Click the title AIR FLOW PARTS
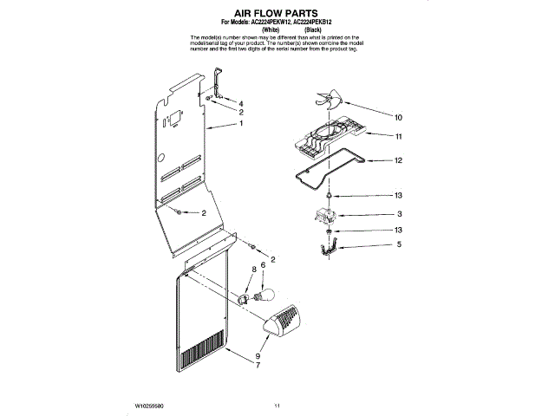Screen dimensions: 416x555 tap(277, 16)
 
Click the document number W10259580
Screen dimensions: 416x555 tap(153, 405)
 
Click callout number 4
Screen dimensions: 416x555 tap(241, 104)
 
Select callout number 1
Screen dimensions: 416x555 tap(241, 124)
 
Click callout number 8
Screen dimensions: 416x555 tap(253, 270)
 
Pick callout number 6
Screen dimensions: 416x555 tap(262, 265)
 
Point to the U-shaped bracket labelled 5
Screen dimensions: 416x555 tap(327, 250)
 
